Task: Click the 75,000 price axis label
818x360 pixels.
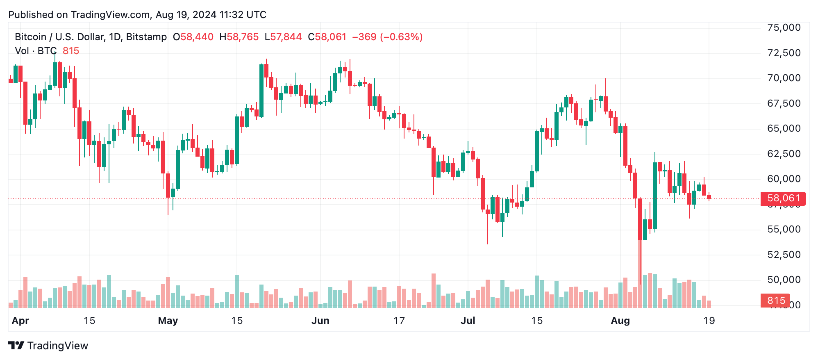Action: point(784,28)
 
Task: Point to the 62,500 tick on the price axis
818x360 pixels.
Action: point(784,154)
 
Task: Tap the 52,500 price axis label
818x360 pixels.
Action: point(784,255)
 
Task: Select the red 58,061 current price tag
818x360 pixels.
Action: point(783,198)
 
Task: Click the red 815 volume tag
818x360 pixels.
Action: point(775,301)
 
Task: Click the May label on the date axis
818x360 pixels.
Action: point(168,321)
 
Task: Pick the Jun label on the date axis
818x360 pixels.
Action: point(320,321)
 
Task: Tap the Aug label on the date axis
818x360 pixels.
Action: point(620,321)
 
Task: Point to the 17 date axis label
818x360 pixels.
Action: point(399,321)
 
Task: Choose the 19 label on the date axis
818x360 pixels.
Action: point(709,321)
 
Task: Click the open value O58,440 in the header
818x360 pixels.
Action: point(193,37)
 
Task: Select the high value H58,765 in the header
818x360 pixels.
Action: point(239,37)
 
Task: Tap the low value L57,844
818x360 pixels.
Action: point(283,37)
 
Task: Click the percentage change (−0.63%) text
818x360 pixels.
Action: point(401,37)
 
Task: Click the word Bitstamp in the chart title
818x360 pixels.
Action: point(146,37)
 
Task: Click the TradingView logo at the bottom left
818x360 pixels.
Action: point(48,346)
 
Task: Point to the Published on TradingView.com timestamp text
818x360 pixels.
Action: point(137,15)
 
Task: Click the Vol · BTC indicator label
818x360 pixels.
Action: point(36,51)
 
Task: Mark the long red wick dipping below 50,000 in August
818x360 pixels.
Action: point(640,262)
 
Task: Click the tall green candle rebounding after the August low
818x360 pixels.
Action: point(655,195)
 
